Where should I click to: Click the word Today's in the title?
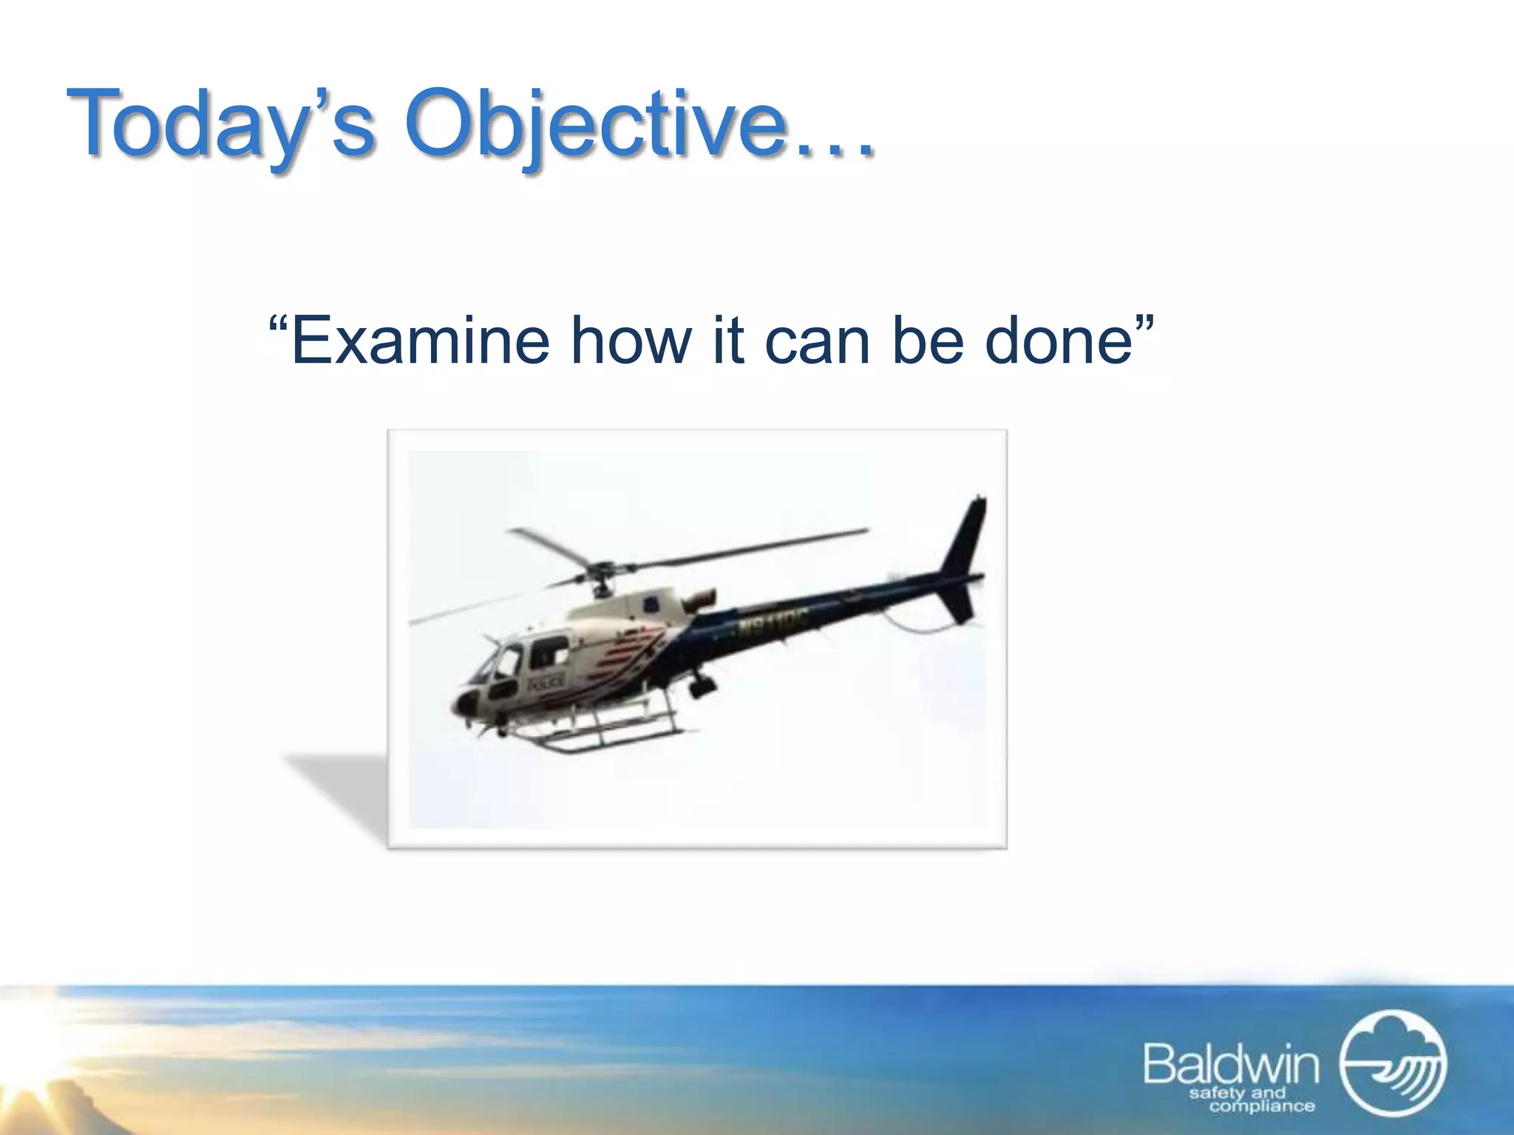[x=222, y=124]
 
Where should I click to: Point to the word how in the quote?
[x=632, y=341]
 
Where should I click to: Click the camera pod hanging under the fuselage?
[x=702, y=686]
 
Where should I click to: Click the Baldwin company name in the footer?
[x=1231, y=1065]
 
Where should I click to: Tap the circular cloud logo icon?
[x=1394, y=1063]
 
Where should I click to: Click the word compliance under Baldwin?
[x=1262, y=1106]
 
